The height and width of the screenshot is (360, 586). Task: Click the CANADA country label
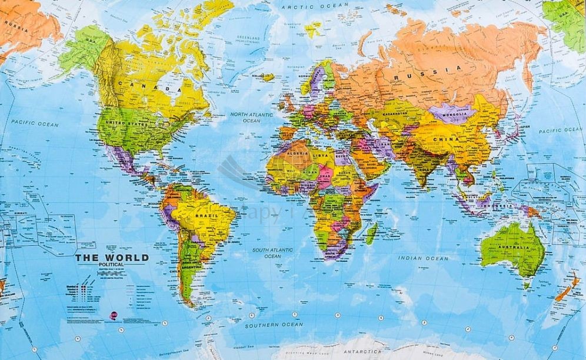pyautogui.click(x=149, y=86)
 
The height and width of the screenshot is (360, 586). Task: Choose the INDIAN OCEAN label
pyautogui.click(x=423, y=258)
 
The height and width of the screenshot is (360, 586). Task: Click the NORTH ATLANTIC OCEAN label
pyautogui.click(x=251, y=117)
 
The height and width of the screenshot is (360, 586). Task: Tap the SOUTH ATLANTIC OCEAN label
pyautogui.click(x=272, y=253)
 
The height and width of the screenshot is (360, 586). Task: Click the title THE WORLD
pyautogui.click(x=111, y=258)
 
